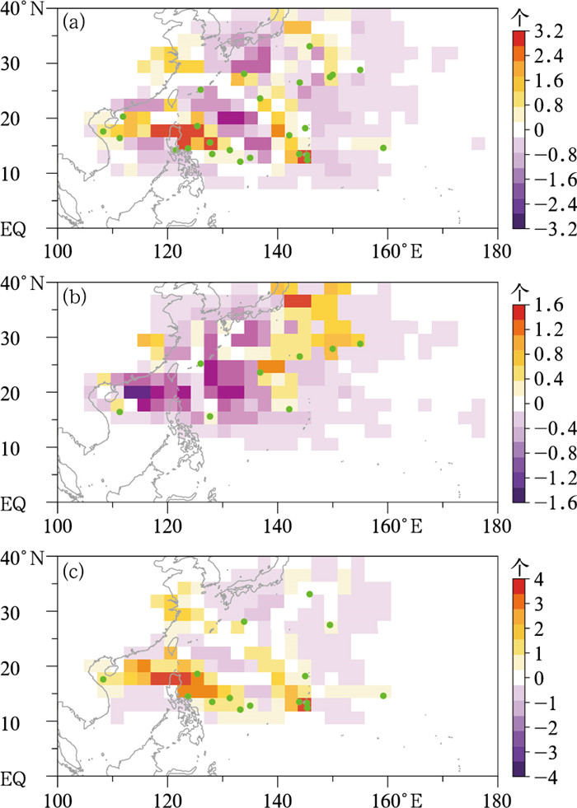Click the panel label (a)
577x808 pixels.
pyautogui.click(x=73, y=23)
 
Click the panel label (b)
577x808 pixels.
pyautogui.click(x=73, y=297)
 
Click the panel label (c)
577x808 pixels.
pyautogui.click(x=73, y=572)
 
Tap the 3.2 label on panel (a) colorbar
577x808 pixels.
pyautogui.click(x=549, y=32)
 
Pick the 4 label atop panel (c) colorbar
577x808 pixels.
pyautogui.click(x=539, y=580)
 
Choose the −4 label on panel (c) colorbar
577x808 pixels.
pyautogui.click(x=545, y=777)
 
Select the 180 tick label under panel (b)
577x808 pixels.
pyautogui.click(x=497, y=525)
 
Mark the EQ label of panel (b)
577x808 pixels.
pyautogui.click(x=12, y=503)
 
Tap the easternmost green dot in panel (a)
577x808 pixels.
pyautogui.click(x=383, y=148)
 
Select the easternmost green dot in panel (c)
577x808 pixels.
pyautogui.click(x=383, y=696)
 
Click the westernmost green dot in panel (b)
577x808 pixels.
pyautogui.click(x=120, y=411)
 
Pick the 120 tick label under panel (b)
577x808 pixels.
pyautogui.click(x=167, y=525)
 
